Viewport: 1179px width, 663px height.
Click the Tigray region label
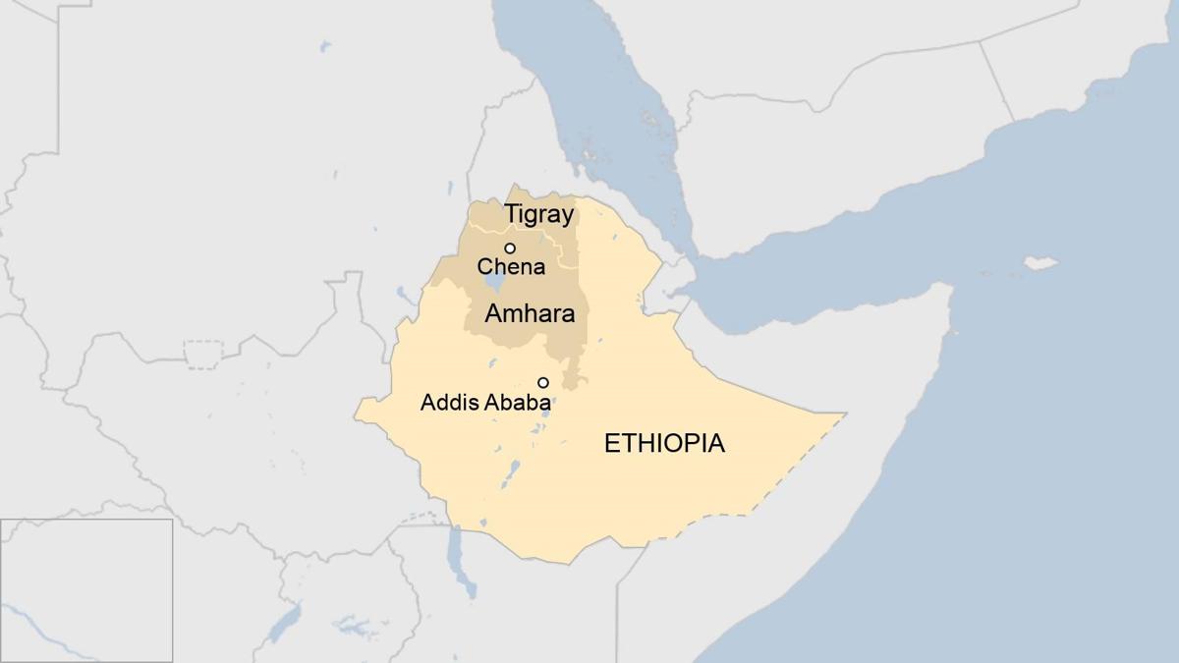point(538,213)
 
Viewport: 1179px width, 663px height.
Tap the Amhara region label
point(530,314)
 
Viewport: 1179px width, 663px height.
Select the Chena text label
point(511,266)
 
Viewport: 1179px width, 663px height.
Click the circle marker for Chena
point(510,248)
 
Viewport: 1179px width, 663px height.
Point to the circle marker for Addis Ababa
point(542,382)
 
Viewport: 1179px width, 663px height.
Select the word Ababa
point(518,402)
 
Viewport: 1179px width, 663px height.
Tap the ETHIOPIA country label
point(664,443)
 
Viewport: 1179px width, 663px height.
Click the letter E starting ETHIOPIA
point(612,443)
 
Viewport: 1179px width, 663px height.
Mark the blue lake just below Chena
point(494,283)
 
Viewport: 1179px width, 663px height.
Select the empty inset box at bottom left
point(86,589)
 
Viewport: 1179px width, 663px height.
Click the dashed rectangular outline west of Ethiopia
point(203,354)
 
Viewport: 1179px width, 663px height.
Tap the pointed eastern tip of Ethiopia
point(843,414)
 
